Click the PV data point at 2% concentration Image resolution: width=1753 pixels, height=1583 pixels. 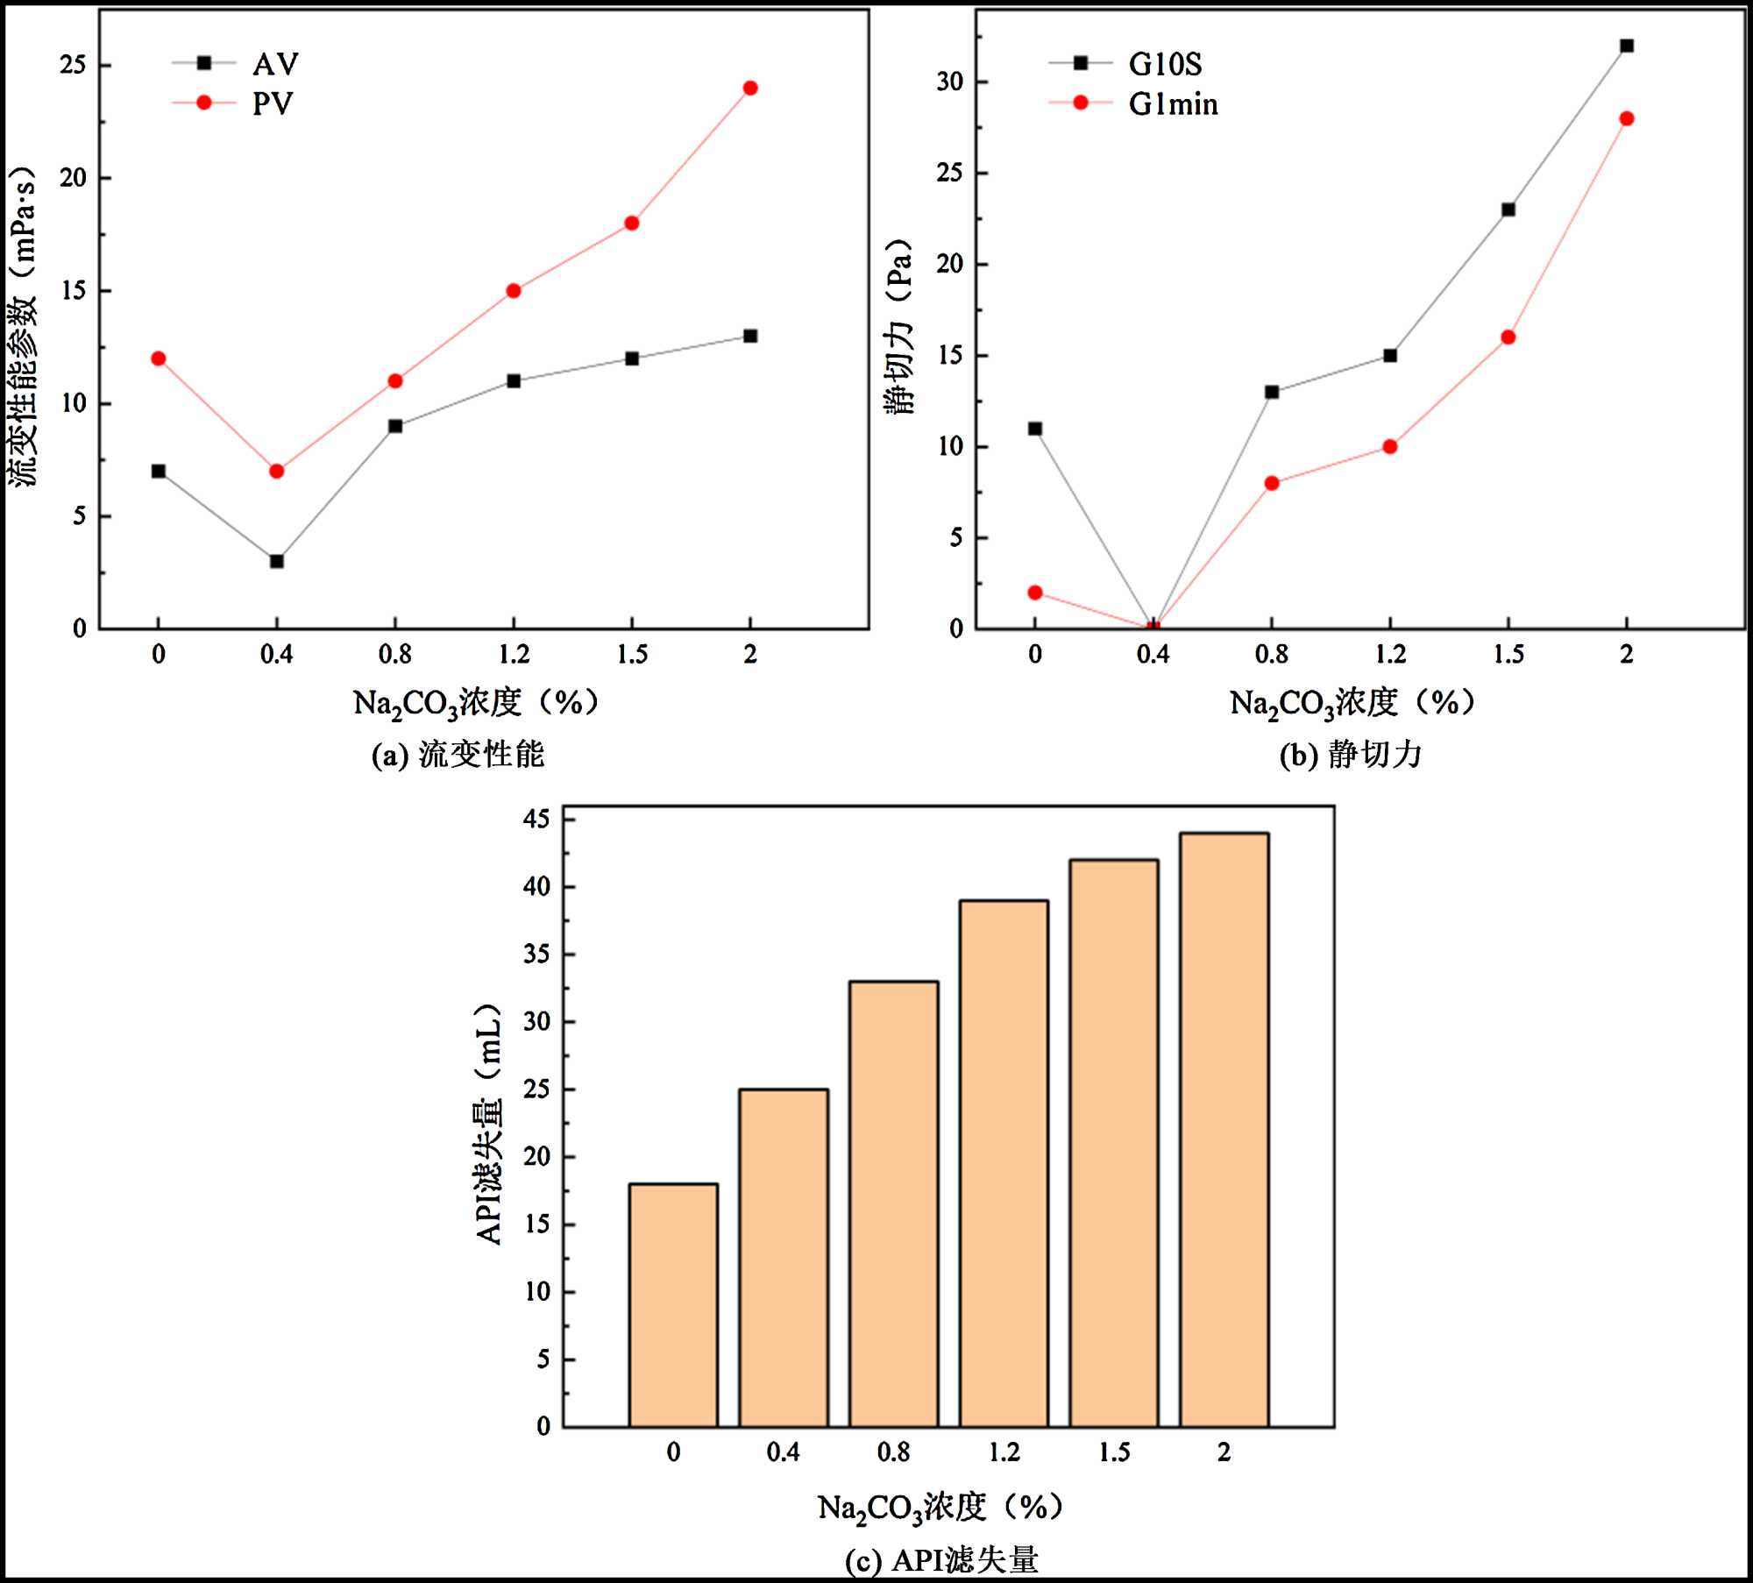coord(749,88)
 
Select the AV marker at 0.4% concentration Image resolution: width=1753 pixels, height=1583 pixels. coord(276,561)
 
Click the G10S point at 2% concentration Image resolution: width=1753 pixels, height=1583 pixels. coord(1626,46)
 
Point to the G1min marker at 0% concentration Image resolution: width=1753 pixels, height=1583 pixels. coord(1034,593)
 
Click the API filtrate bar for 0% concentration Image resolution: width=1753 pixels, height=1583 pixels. coord(673,1306)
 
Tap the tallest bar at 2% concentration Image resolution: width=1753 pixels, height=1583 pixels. coord(1224,1131)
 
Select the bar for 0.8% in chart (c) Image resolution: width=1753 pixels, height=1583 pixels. coord(893,1205)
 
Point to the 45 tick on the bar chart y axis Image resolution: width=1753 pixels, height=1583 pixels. coord(536,820)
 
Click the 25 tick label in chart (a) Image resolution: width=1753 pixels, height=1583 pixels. coord(73,65)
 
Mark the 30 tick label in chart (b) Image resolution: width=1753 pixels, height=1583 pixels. coord(949,82)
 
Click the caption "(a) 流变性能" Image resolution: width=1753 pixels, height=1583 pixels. coord(458,755)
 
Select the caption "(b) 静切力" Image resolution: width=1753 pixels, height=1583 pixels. coord(1350,755)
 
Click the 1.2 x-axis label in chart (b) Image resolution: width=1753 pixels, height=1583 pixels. coord(1389,654)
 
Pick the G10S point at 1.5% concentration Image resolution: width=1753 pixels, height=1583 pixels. coord(1508,209)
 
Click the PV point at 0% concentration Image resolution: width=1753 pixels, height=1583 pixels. coord(158,358)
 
